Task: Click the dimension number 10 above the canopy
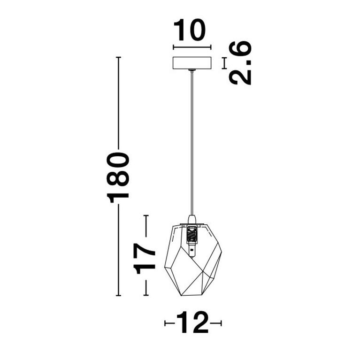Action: tap(190, 31)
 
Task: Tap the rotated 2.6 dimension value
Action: tap(240, 63)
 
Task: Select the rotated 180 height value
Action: tap(118, 177)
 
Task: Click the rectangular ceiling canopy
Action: tap(192, 63)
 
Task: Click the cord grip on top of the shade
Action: tap(191, 220)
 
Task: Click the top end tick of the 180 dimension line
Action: tap(119, 57)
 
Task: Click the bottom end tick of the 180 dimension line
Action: tap(119, 296)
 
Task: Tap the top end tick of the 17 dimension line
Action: tap(146, 215)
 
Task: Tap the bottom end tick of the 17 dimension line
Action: tap(146, 295)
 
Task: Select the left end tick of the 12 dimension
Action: tap(165, 323)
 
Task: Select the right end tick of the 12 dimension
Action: tap(221, 323)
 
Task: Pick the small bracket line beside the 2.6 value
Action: tap(224, 63)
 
